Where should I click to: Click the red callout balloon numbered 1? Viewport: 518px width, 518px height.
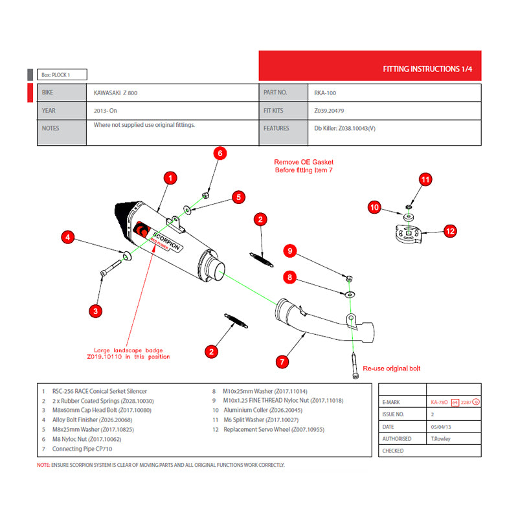pyautogui.click(x=170, y=177)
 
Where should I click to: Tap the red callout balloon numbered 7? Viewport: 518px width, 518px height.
pyautogui.click(x=282, y=361)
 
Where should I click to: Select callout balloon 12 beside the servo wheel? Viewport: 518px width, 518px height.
pyautogui.click(x=450, y=230)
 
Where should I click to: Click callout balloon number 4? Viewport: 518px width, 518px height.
pyautogui.click(x=67, y=238)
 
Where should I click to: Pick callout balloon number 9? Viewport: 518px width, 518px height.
pyautogui.click(x=291, y=251)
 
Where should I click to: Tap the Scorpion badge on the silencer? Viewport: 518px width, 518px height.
pyautogui.click(x=162, y=240)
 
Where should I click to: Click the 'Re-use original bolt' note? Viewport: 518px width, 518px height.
pyautogui.click(x=391, y=368)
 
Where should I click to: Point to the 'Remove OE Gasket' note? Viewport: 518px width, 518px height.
pyautogui.click(x=304, y=166)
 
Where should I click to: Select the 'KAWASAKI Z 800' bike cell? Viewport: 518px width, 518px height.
pyautogui.click(x=116, y=93)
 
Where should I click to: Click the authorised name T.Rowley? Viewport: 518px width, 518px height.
pyautogui.click(x=442, y=438)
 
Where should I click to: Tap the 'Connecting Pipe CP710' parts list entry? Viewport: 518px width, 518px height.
pyautogui.click(x=77, y=449)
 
